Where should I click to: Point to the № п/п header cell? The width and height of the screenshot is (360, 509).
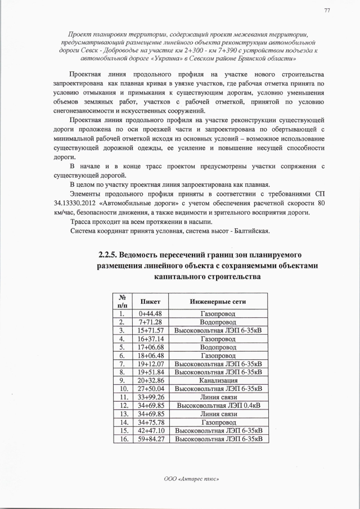(121, 302)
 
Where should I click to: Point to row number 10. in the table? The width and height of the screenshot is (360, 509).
(121, 389)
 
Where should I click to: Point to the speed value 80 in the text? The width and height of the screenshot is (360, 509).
(321, 203)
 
